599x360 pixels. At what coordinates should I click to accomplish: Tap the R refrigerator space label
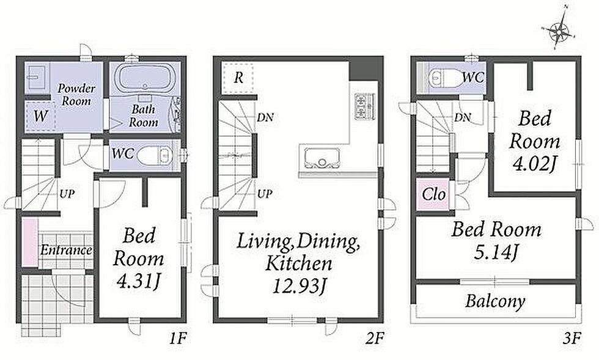pyautogui.click(x=238, y=78)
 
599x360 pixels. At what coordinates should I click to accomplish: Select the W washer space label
pyautogui.click(x=40, y=116)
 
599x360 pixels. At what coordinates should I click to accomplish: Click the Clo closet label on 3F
pyautogui.click(x=434, y=194)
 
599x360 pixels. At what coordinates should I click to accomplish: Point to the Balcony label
pyautogui.click(x=495, y=301)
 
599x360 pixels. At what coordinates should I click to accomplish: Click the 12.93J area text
pyautogui.click(x=298, y=286)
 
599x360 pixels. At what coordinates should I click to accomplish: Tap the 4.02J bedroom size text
pyautogui.click(x=534, y=164)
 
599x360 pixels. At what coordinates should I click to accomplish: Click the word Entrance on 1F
pyautogui.click(x=66, y=251)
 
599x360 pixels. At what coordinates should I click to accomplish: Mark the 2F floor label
pyautogui.click(x=375, y=338)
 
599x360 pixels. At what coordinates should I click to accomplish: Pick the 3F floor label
pyautogui.click(x=572, y=338)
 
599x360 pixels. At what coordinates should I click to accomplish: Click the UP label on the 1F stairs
pyautogui.click(x=67, y=194)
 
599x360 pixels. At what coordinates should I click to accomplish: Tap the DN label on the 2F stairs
pyautogui.click(x=265, y=117)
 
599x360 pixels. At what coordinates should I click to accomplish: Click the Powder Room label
pyautogui.click(x=76, y=95)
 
